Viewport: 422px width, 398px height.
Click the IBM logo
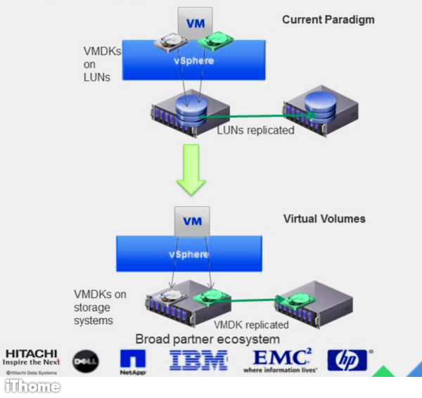198,361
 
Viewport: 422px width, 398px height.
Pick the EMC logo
280,359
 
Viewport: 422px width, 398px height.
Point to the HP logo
347,360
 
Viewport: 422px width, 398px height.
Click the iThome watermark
32,386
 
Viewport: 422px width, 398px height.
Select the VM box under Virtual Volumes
192,221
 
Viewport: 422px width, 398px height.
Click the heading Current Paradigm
328,20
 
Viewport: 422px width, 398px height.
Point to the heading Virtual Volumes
324,219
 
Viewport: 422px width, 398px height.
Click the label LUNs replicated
255,130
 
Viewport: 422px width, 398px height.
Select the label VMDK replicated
251,325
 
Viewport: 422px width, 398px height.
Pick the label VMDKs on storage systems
100,307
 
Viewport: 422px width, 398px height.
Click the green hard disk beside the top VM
214,42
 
